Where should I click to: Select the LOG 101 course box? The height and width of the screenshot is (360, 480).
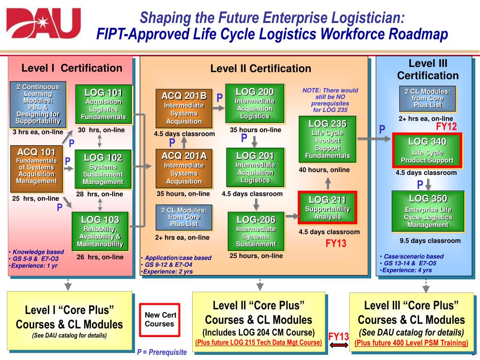pos(104,105)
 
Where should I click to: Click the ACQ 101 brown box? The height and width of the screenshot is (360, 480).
pos(37,169)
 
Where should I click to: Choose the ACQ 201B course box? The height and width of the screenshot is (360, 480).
pos(184,108)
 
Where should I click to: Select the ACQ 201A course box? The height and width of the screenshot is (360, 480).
pos(184,168)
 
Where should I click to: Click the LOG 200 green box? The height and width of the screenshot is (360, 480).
pos(255,104)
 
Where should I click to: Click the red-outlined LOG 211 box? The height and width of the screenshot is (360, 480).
pos(328,208)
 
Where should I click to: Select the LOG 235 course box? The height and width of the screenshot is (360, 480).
pos(328,139)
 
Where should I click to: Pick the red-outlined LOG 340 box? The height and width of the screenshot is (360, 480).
pos(427,150)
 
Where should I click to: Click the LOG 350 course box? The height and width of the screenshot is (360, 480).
pos(427,210)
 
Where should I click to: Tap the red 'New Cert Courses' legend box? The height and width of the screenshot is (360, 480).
pos(159,320)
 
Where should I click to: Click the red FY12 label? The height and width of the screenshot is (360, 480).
pos(446,127)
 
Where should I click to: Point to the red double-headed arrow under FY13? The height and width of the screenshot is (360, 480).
pos(338,345)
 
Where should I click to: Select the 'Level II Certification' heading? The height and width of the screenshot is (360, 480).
pos(261,68)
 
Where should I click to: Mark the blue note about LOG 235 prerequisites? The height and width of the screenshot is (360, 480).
pos(330,100)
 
